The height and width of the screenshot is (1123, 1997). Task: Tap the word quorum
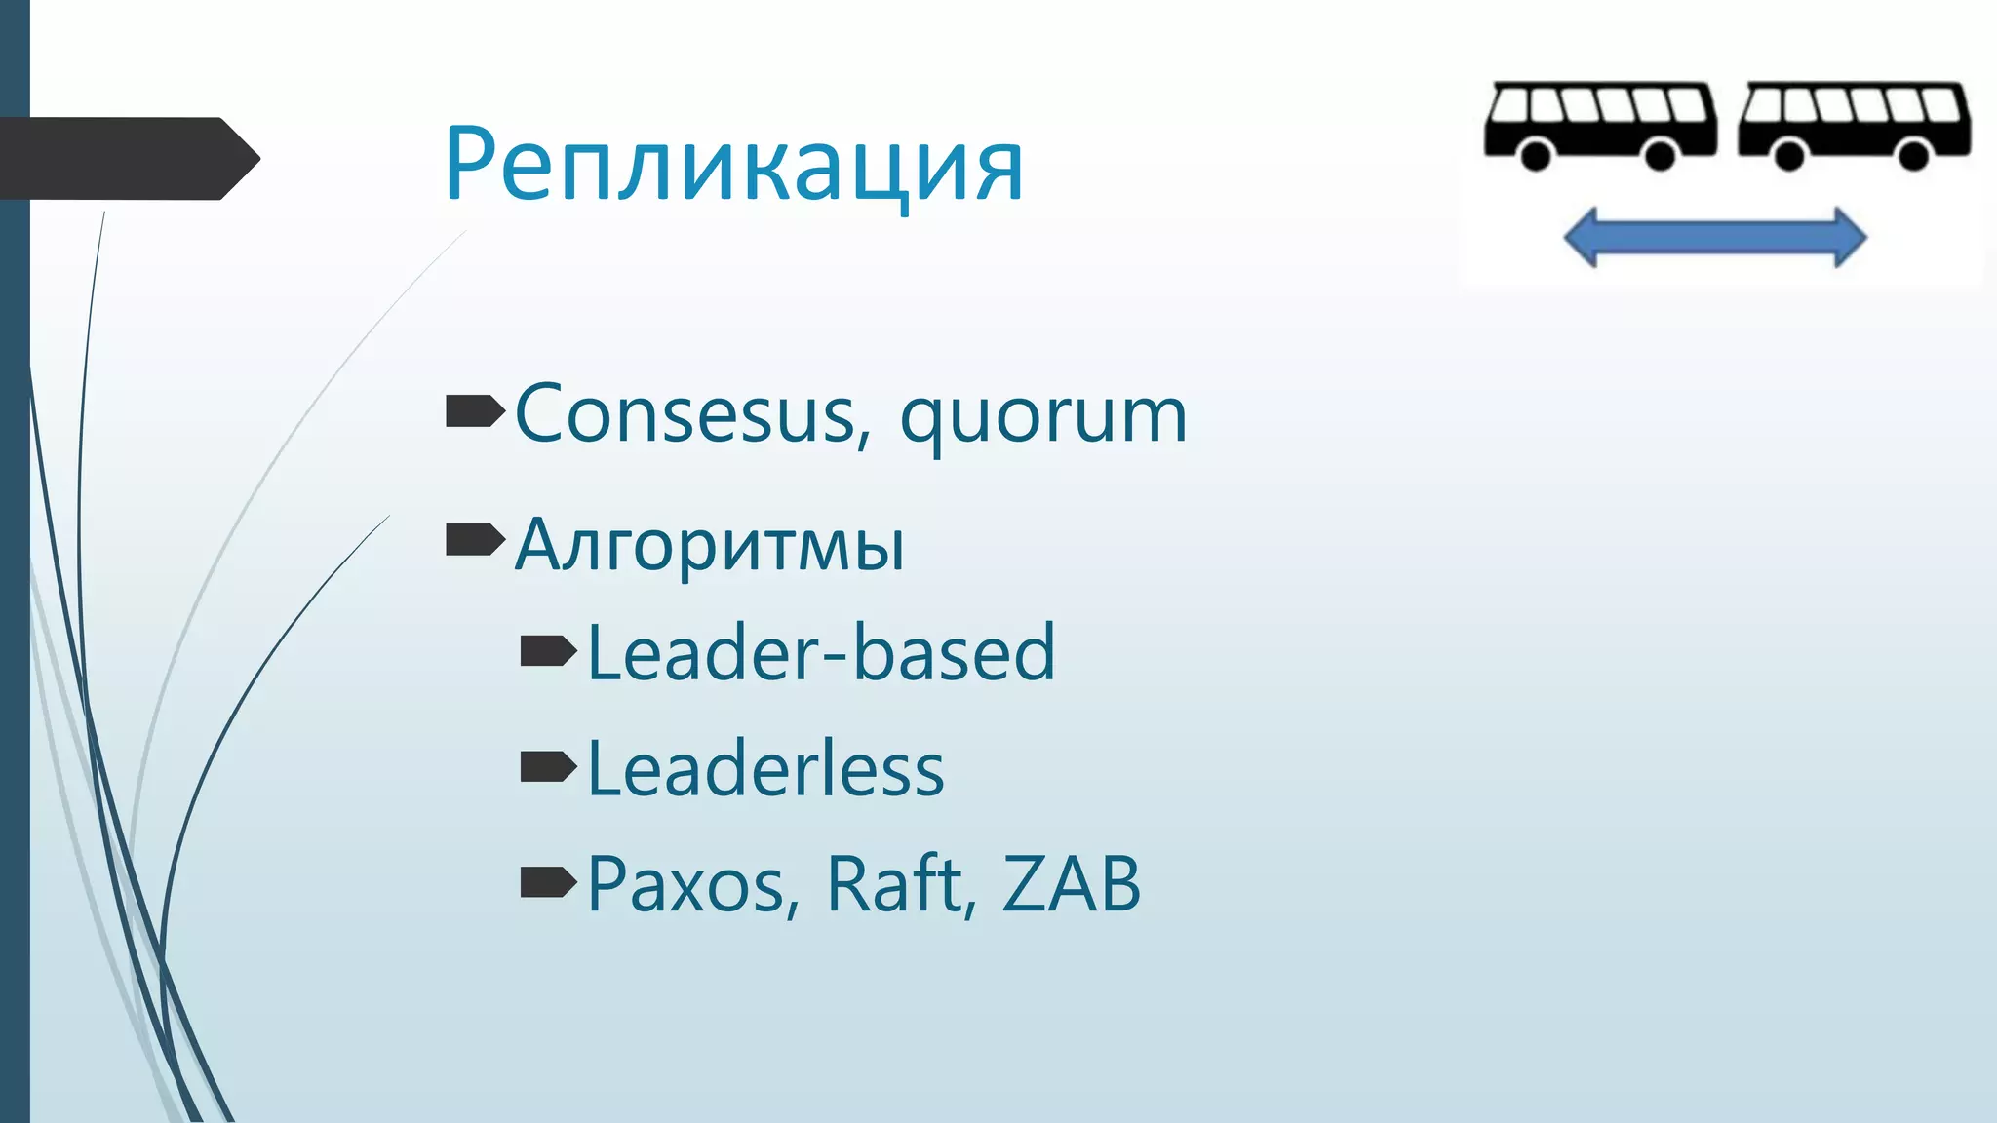tap(1042, 417)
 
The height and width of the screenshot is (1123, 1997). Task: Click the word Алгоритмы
tap(710, 544)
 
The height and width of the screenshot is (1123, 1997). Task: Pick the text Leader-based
tap(821, 652)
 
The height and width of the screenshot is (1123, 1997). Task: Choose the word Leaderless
tap(765, 769)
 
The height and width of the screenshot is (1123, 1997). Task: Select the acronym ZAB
tap(1070, 884)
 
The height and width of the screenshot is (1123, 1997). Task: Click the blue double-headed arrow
tap(1714, 237)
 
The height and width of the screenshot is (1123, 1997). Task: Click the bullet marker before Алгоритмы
tap(474, 539)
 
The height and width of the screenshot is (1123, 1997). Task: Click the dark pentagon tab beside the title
tap(127, 158)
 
